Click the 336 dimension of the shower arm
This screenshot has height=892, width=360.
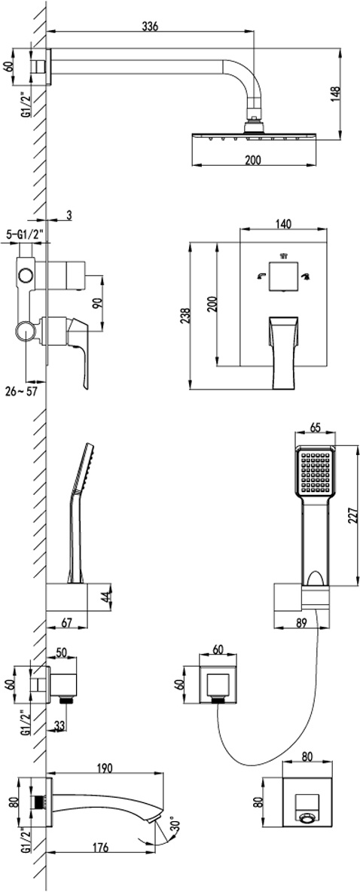(x=150, y=26)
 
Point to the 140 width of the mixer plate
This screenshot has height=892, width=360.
(x=284, y=225)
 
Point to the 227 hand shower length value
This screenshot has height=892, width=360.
(x=353, y=515)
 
